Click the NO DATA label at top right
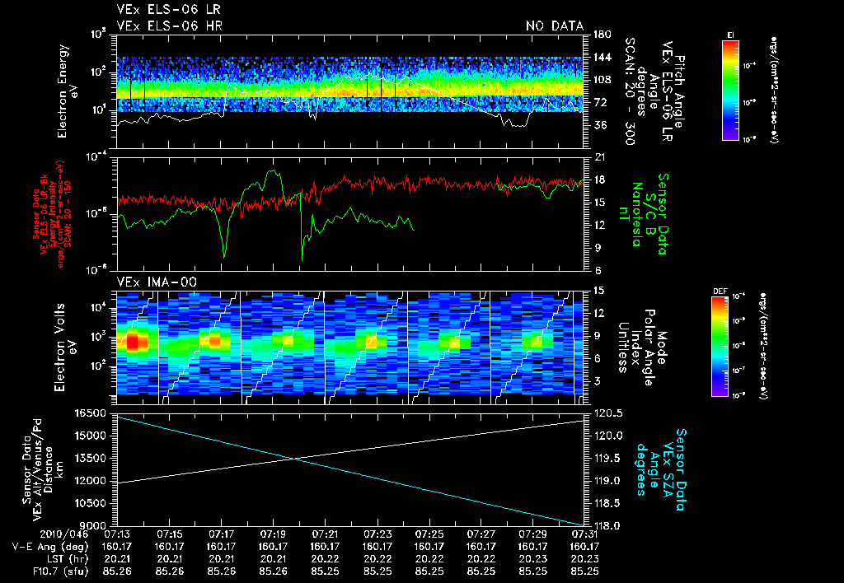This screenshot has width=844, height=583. [554, 26]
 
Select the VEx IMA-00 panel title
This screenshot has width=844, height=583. [150, 282]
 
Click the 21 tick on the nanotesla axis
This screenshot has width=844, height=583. [599, 157]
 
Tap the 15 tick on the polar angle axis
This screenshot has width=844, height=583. [599, 290]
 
